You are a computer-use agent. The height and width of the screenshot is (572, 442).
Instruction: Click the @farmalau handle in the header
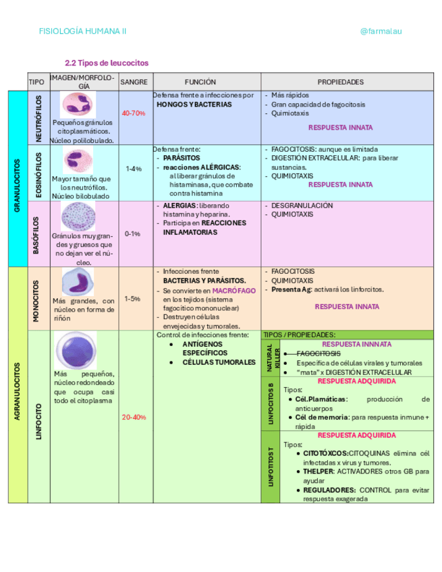(381, 31)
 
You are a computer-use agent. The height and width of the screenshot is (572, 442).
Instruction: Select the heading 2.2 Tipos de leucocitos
(106, 63)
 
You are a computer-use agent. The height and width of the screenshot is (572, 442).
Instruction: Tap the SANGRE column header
(134, 82)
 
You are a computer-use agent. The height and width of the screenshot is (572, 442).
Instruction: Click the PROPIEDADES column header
(340, 82)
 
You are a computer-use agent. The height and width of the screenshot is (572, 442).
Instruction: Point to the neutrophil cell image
(80, 105)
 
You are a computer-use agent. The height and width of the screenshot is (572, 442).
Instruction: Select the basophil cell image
(82, 217)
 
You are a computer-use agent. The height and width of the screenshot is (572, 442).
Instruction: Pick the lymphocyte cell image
(76, 349)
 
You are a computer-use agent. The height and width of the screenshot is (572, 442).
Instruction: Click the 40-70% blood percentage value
(134, 113)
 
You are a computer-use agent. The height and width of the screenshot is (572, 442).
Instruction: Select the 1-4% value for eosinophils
(134, 169)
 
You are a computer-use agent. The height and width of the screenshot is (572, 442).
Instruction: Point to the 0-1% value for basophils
(133, 233)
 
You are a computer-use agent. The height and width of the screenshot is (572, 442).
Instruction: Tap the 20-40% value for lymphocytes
(134, 417)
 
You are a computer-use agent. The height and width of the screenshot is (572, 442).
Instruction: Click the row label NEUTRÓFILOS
(38, 118)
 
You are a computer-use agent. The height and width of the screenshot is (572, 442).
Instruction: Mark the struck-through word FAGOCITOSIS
(318, 353)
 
